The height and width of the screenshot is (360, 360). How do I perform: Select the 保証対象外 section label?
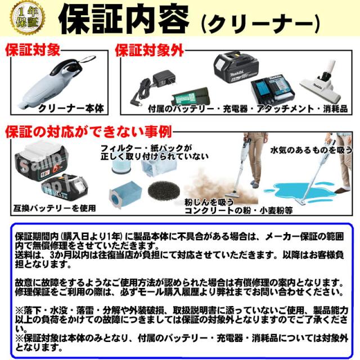click(x=149, y=51)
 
